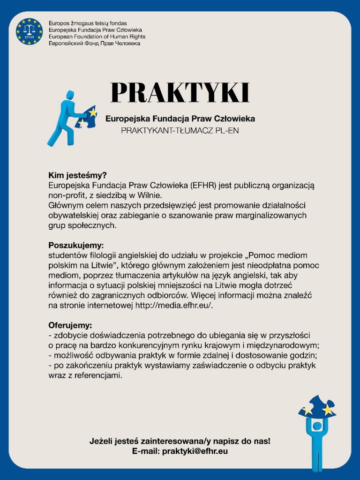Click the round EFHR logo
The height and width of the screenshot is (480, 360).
click(x=29, y=32)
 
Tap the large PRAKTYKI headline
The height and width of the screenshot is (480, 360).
click(x=180, y=93)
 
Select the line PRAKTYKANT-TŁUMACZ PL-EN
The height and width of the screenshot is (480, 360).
click(x=180, y=130)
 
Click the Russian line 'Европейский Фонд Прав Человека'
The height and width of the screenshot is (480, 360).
click(x=94, y=43)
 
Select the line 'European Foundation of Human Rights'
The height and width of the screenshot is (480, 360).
click(x=97, y=37)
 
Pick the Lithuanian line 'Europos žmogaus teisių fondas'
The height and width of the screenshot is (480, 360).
click(x=88, y=23)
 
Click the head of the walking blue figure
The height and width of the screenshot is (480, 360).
click(x=70, y=95)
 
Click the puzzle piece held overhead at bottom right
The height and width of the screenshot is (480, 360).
click(x=318, y=406)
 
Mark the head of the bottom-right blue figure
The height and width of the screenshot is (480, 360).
click(x=317, y=426)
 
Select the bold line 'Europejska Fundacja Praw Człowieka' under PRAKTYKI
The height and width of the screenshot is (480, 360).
click(x=180, y=119)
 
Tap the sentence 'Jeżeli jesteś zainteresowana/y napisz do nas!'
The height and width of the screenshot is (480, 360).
click(x=180, y=441)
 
